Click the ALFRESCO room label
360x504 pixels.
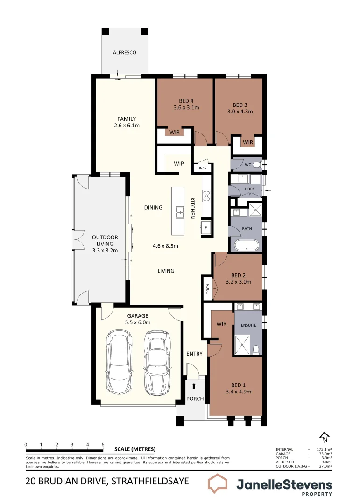(125, 53)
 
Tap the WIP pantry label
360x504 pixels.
(179, 164)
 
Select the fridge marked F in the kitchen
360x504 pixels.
(206, 228)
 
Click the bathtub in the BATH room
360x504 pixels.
(247, 245)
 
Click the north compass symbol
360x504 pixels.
(324, 438)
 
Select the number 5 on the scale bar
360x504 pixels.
(103, 444)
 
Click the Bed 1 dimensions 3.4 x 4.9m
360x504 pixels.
(238, 392)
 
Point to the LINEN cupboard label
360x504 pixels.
(202, 168)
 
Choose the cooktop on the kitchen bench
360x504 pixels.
(206, 196)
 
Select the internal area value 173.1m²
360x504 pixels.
(324, 449)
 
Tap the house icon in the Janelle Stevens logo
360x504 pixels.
(219, 484)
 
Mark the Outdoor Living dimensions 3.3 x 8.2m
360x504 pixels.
(105, 251)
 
